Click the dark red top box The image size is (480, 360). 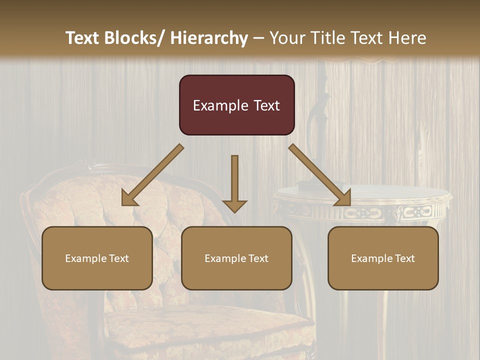coord(236,105)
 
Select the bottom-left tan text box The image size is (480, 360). coord(97,258)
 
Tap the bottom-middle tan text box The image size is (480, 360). coord(236,258)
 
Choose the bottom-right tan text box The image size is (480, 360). coord(383,258)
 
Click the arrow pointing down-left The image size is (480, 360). coord(152,175)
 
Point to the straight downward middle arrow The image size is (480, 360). coord(234,183)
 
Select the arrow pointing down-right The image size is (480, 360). coord(320,175)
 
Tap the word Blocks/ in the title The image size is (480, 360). coord(134,38)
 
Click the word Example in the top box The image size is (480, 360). coord(220,105)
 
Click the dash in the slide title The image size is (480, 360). coord(258,38)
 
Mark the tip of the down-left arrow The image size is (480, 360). coord(123,204)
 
